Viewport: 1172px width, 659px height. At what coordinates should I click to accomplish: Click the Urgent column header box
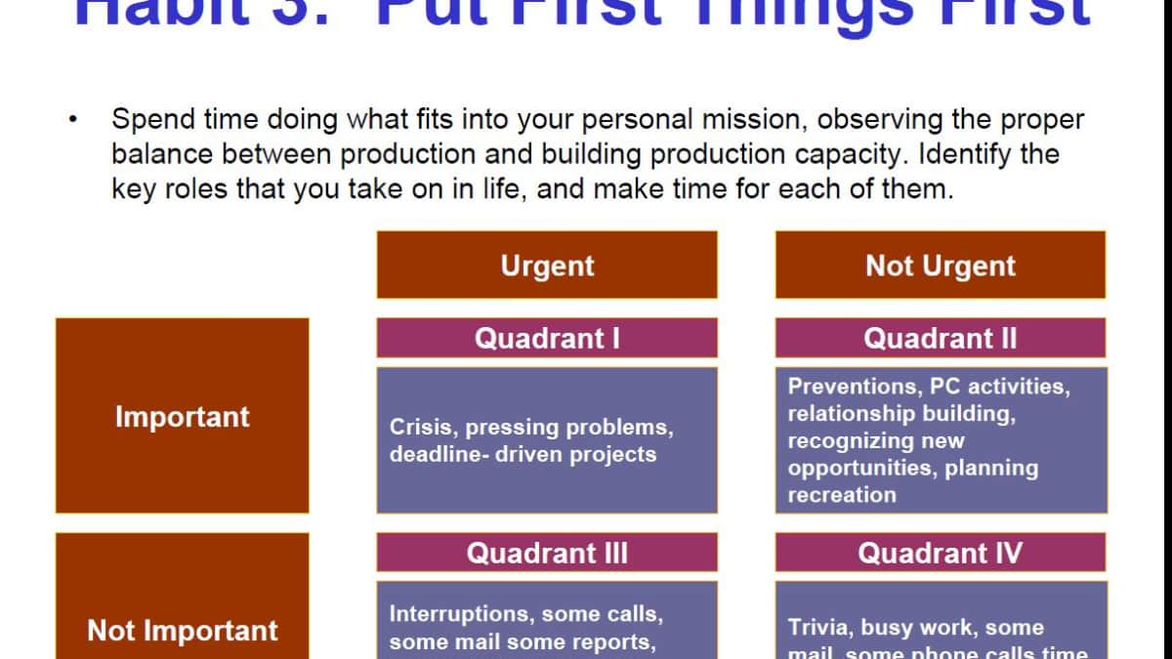pos(547,265)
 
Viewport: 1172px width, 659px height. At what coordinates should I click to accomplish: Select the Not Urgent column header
pos(941,265)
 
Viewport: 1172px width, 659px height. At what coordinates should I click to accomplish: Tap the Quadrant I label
pos(547,338)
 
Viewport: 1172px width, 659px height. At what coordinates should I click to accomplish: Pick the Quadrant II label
pos(941,338)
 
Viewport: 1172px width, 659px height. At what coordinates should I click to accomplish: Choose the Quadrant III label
pos(547,553)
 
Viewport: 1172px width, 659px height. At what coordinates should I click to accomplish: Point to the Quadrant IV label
pos(941,553)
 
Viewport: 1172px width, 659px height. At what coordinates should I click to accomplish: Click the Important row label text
pos(183,417)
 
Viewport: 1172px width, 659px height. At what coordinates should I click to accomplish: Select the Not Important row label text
pos(183,631)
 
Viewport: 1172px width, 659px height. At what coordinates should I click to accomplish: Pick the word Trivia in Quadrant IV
pos(817,627)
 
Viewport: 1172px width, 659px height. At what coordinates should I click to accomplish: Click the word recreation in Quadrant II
pos(842,494)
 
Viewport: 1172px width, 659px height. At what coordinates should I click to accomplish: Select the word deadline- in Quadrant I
pos(439,454)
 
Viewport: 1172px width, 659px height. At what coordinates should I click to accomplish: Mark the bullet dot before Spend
pos(72,121)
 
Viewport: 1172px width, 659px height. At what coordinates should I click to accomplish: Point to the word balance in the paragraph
pos(162,154)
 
